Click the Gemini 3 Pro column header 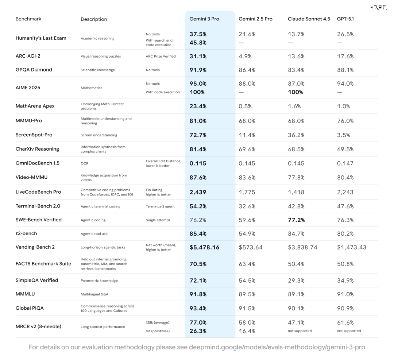tap(204, 19)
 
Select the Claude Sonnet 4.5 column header tap(309, 19)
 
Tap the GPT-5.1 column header tap(345, 19)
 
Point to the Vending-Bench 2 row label tap(35, 247)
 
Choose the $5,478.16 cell tap(204, 247)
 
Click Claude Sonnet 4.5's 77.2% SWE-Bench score tap(296, 220)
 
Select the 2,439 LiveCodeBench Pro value tap(198, 192)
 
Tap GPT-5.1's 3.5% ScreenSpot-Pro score tap(343, 135)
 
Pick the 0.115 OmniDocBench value tap(198, 163)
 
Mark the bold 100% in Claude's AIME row tap(295, 92)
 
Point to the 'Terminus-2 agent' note tap(160, 206)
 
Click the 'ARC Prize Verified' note tap(161, 57)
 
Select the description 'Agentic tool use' tap(94, 234)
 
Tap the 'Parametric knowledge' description tap(99, 281)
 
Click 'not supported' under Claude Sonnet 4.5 tap(300, 331)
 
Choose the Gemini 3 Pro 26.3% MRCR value tap(198, 331)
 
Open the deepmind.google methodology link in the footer tap(277, 347)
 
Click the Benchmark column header tap(28, 19)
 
